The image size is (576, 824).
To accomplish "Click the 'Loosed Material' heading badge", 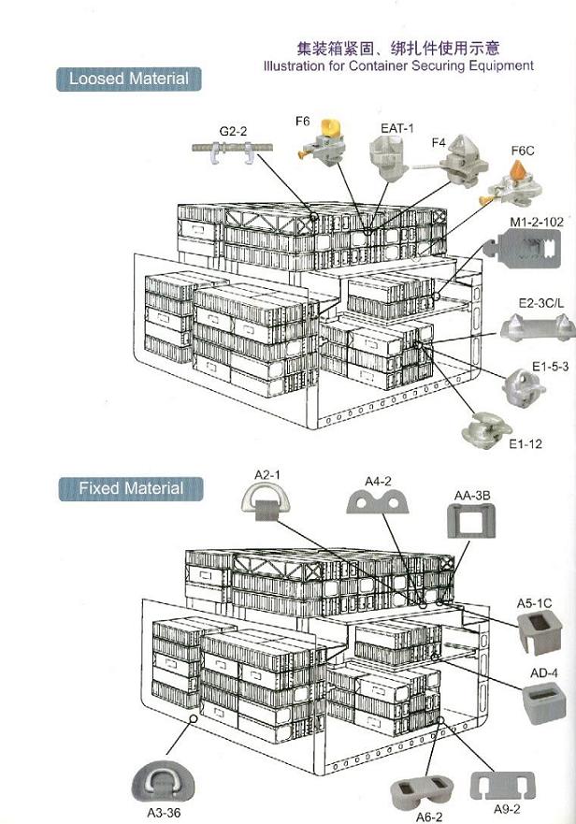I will (128, 79).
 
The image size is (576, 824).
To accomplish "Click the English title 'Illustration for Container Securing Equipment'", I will (398, 65).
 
